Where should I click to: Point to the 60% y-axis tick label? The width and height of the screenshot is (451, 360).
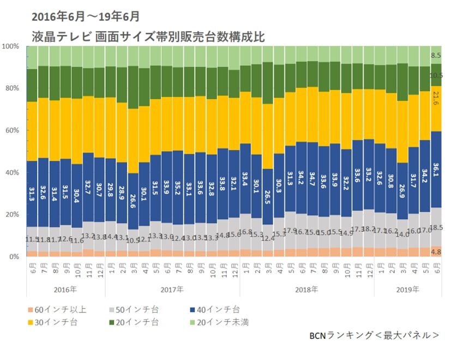(x=12, y=130)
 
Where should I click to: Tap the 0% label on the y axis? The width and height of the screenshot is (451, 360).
(x=14, y=256)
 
